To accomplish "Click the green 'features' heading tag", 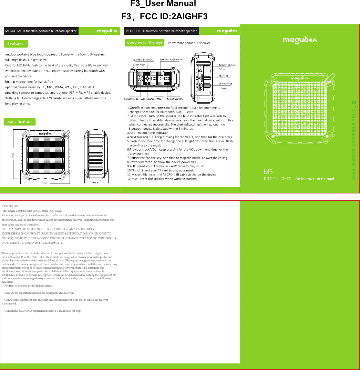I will tap(16, 44).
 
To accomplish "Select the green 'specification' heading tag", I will tap(20, 122).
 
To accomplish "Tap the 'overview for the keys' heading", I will tap(145, 43).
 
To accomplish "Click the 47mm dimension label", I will tap(96, 183).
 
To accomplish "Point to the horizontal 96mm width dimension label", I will tap(44, 183).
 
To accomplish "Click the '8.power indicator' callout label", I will tap(227, 65).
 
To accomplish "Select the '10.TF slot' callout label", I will tap(226, 76).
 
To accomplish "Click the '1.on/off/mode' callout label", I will tap(131, 99).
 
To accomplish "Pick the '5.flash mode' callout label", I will tap(139, 64).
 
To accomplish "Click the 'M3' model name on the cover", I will tap(268, 172).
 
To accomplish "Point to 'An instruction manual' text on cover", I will tap(315, 179).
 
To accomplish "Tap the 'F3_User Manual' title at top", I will tap(163, 4).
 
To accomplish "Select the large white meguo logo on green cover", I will tap(299, 40).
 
